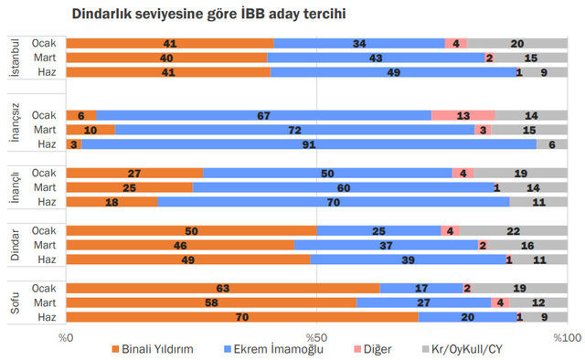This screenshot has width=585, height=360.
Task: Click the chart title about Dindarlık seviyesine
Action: tap(204, 16)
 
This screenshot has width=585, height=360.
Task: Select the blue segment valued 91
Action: tap(309, 143)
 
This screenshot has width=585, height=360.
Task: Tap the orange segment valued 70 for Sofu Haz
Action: tap(242, 316)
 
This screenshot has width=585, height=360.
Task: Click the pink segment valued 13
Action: tap(463, 115)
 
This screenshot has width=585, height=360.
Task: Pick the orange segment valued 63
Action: tap(223, 288)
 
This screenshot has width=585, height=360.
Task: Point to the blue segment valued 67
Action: tap(263, 115)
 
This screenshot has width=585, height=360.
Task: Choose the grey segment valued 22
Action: tap(517, 230)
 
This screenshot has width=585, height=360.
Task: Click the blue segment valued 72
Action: tap(294, 130)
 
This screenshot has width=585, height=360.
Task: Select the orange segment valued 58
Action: tap(211, 302)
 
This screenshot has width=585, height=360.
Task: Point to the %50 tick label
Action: tap(316, 337)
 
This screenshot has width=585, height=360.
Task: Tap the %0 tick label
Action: tap(67, 337)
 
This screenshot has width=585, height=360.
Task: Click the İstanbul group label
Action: tap(15, 58)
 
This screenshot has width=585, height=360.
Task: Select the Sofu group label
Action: tap(15, 302)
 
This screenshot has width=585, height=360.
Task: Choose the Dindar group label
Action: tap(15, 244)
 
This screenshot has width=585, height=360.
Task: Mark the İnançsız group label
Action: tap(15, 130)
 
